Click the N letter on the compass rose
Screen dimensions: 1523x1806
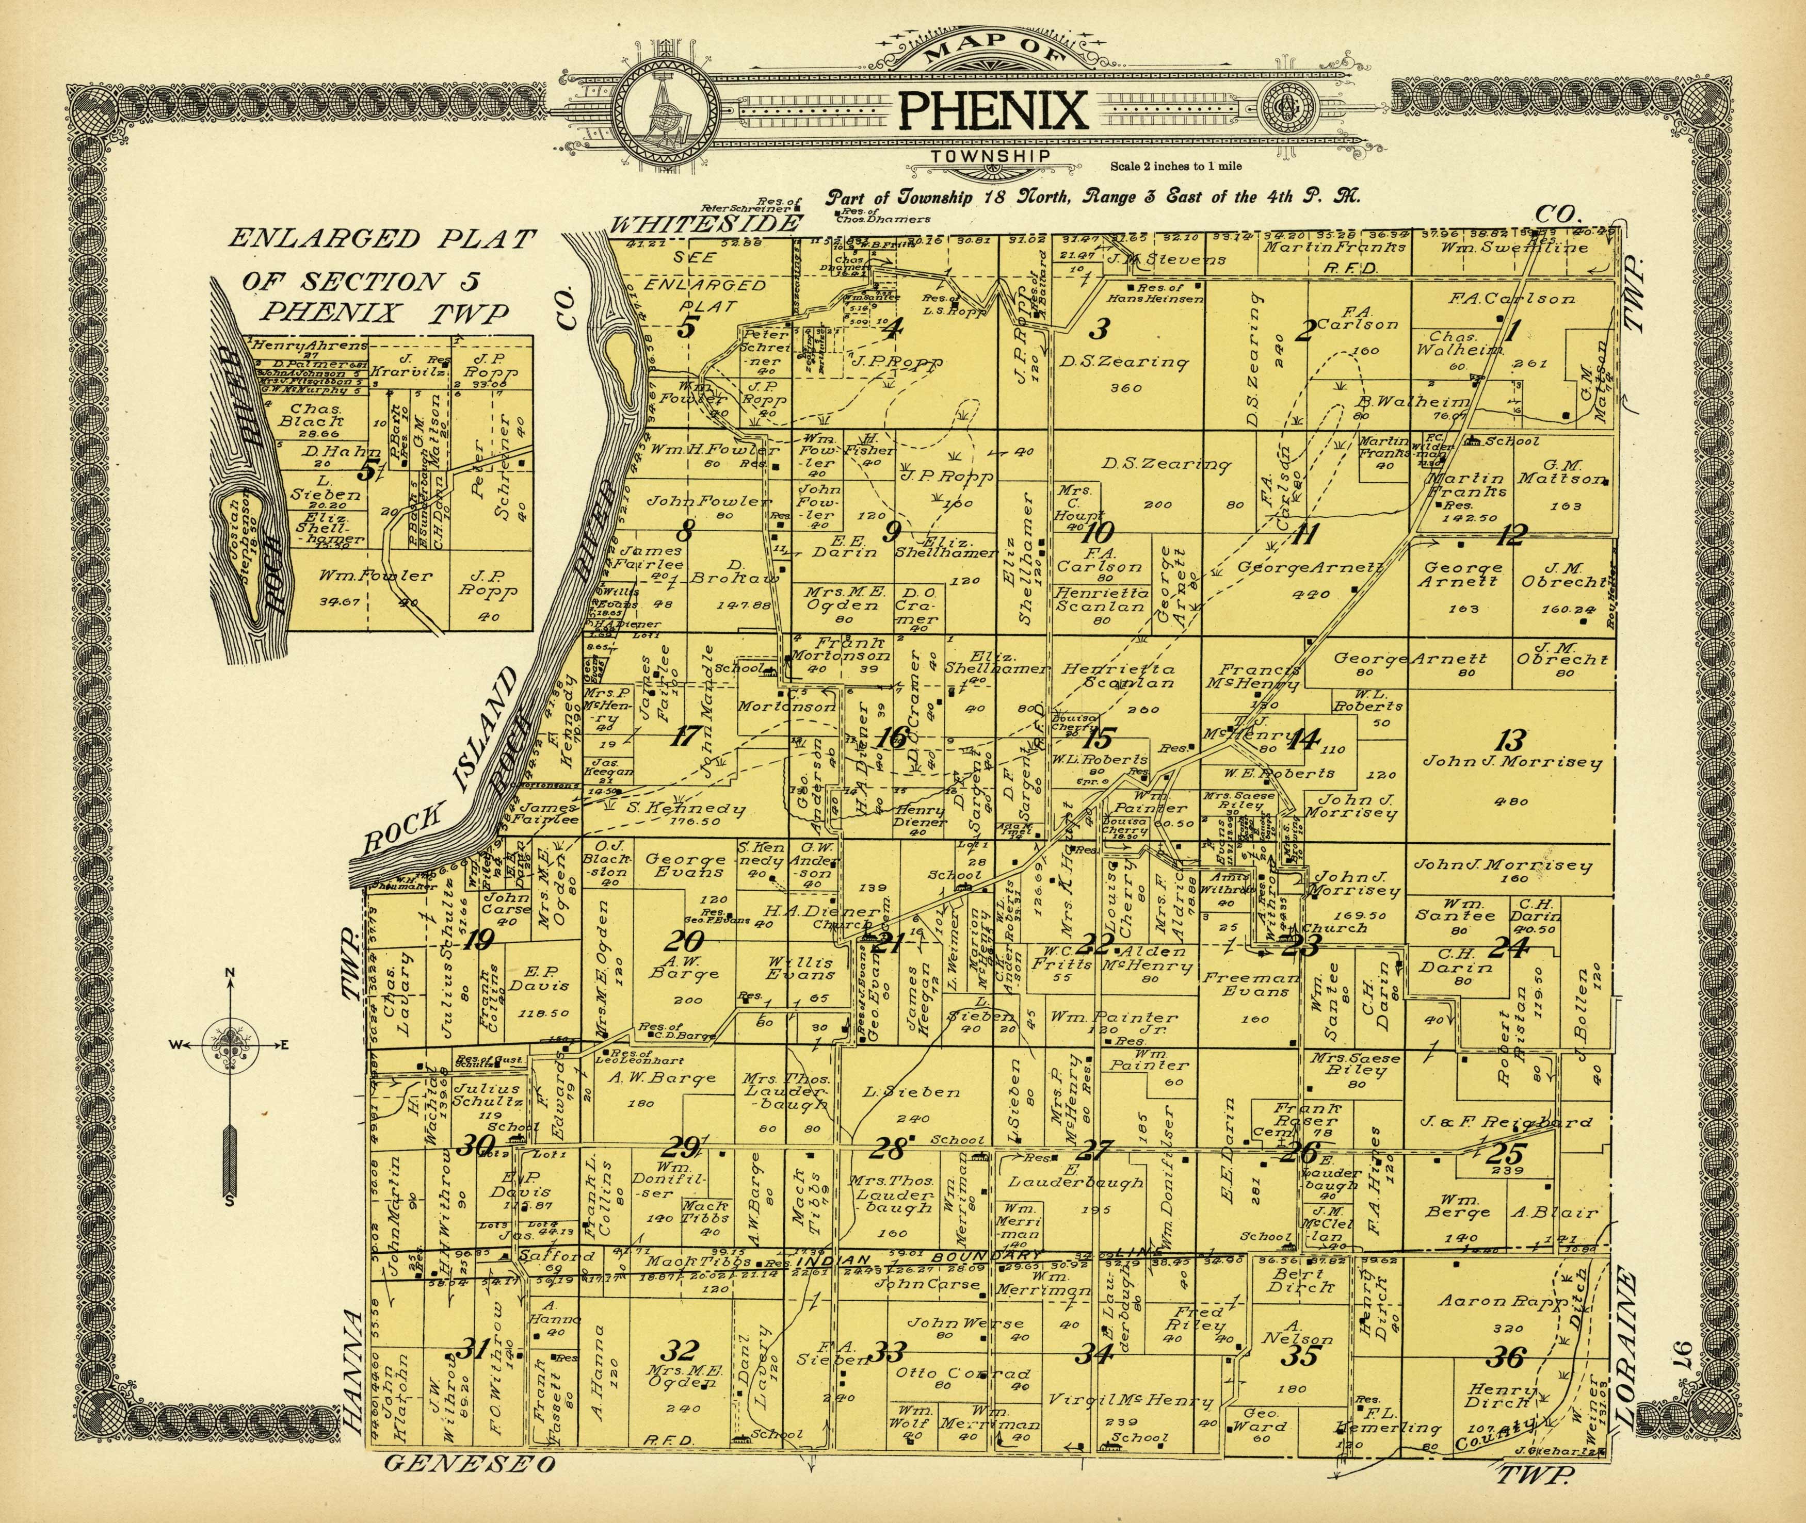click(231, 974)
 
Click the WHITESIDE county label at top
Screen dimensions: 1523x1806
click(703, 224)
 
